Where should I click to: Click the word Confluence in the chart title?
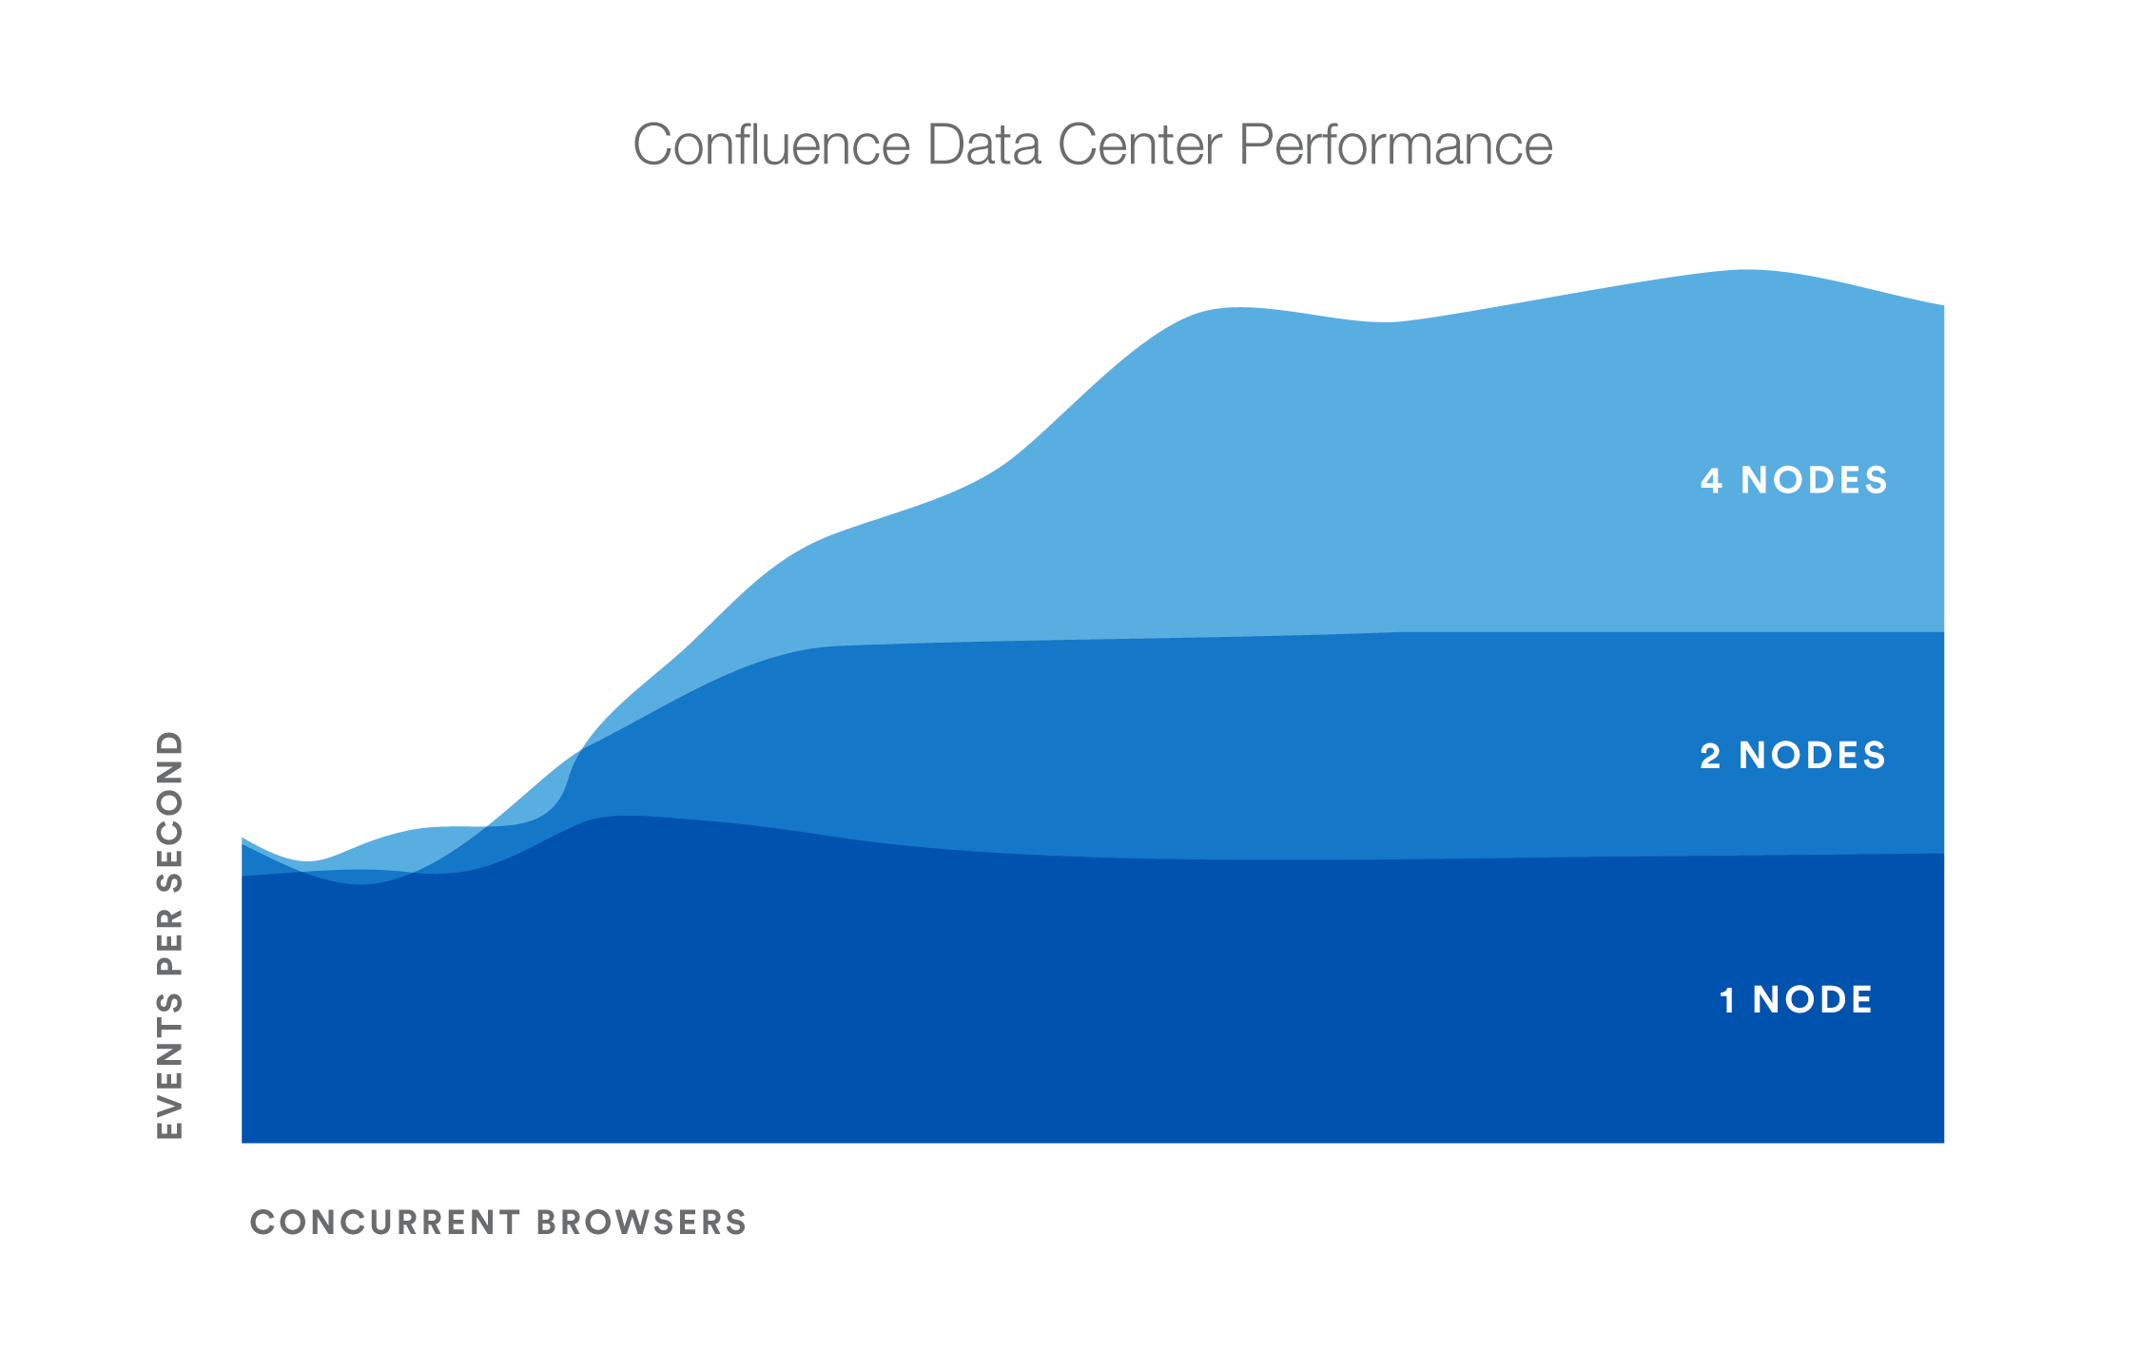771,145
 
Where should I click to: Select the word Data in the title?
982,145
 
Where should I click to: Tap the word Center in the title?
1139,145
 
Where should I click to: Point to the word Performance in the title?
1395,145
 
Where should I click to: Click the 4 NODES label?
1794,480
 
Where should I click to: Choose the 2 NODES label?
1793,756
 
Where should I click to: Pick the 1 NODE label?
1796,1000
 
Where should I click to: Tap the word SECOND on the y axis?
169,811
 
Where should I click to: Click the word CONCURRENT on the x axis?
385,1223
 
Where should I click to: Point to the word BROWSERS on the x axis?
642,1223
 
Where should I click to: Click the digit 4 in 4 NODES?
1711,480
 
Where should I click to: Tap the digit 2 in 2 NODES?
1710,756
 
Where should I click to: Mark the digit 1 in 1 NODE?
1728,1000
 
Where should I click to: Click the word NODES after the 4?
1814,480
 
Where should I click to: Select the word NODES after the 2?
1812,756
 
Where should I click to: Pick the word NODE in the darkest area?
1813,1000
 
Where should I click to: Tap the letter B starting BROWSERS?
548,1223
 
